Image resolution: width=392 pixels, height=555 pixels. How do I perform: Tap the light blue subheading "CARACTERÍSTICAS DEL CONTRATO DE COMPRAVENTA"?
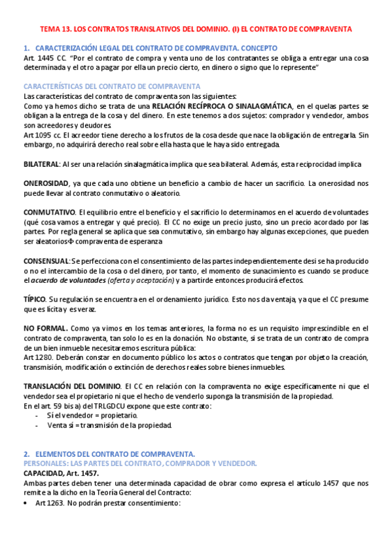pyautogui.click(x=112, y=87)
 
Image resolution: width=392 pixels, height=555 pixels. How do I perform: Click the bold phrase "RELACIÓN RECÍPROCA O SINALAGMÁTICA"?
pyautogui.click(x=222, y=106)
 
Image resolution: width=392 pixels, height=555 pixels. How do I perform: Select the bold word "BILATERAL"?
pyautogui.click(x=41, y=164)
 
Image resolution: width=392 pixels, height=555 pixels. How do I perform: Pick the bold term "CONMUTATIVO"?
pyautogui.click(x=49, y=213)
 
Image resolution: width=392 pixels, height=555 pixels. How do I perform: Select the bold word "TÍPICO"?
pyautogui.click(x=34, y=299)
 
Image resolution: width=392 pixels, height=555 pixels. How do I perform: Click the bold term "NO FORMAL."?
pyautogui.click(x=45, y=329)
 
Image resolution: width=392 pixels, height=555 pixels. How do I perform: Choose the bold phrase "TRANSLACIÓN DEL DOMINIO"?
pyautogui.click(x=71, y=387)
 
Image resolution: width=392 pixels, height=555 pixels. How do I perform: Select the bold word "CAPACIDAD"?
pyautogui.click(x=43, y=473)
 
